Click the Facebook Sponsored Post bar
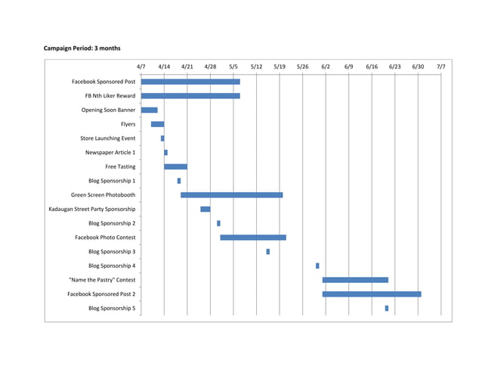click(x=190, y=82)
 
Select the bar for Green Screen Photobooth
click(x=231, y=195)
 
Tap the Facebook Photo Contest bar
click(x=253, y=238)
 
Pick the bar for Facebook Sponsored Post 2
click(x=371, y=294)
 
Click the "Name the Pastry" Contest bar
click(x=355, y=280)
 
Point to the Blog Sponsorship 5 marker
click(x=386, y=308)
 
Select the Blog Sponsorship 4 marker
click(x=317, y=266)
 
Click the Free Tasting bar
click(x=175, y=166)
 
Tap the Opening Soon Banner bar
click(x=149, y=110)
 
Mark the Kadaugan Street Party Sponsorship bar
click(x=205, y=209)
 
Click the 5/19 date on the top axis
click(x=280, y=67)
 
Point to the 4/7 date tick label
click(x=141, y=67)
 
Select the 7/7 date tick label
click(x=440, y=67)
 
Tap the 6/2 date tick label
click(x=326, y=67)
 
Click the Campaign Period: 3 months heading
click(x=82, y=48)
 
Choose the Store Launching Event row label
click(x=108, y=138)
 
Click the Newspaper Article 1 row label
click(x=110, y=153)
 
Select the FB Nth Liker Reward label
click(x=110, y=96)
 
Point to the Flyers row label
click(x=128, y=124)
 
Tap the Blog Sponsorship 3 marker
click(x=267, y=251)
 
